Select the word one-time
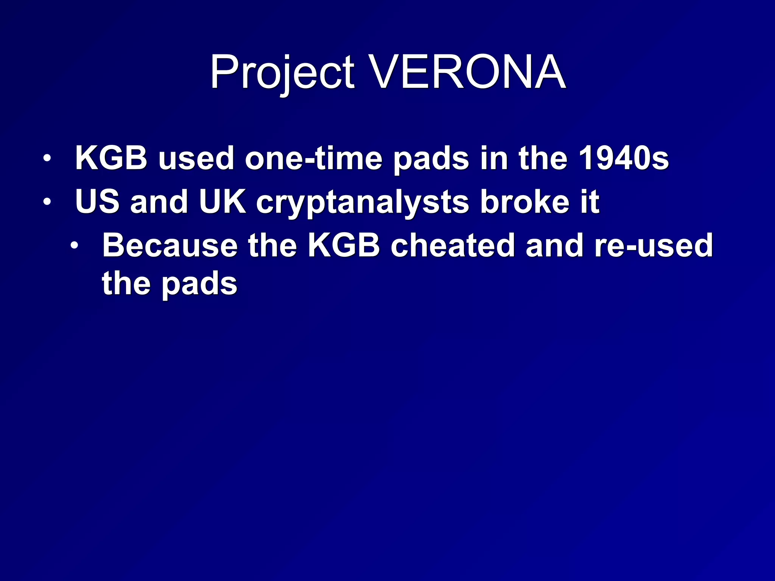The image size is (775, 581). point(314,158)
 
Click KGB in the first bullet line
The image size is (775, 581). point(111,158)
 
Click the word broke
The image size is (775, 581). point(524,202)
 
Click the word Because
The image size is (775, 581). point(170,245)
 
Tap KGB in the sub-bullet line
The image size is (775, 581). point(344,245)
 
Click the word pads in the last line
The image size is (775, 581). point(199,284)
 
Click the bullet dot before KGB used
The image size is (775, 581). point(47,158)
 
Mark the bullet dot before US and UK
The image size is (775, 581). point(47,202)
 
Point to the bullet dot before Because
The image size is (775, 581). point(75,245)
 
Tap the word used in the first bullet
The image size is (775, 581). point(196,158)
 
